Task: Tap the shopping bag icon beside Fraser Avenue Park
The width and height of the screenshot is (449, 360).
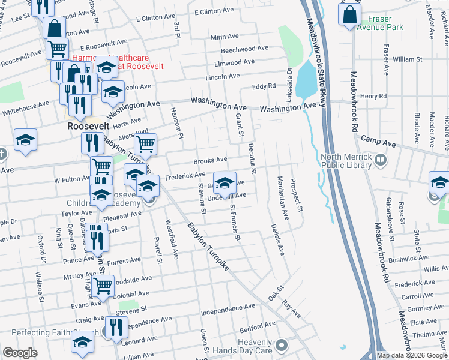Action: [x=349, y=14]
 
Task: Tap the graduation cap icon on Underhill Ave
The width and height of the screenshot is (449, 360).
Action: [x=224, y=183]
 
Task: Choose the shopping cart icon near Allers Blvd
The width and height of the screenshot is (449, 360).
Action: [x=145, y=145]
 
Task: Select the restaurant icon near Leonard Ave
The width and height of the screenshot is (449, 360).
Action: [x=116, y=327]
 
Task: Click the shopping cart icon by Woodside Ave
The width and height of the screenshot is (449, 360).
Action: [x=103, y=285]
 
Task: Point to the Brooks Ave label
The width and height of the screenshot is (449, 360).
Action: [x=210, y=160]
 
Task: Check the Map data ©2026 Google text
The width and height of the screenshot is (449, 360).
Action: [x=411, y=355]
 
